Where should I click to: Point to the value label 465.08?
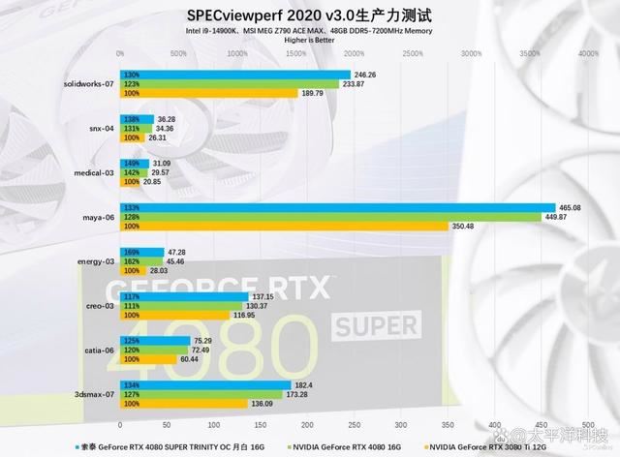tap(572, 207)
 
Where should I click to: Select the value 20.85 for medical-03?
tap(154, 181)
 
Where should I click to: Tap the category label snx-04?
tap(102, 128)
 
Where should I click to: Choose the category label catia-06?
tap(100, 350)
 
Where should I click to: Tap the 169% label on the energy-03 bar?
tap(132, 252)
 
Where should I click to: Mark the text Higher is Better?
tap(309, 41)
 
